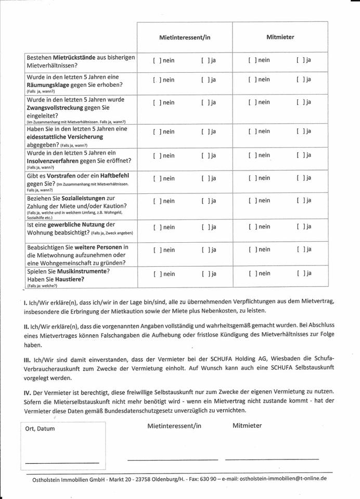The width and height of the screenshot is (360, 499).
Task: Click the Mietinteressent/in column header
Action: pyautogui.click(x=185, y=37)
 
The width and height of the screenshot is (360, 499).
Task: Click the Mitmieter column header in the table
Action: pyautogui.click(x=280, y=37)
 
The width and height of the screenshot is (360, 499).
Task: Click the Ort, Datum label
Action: pyautogui.click(x=40, y=429)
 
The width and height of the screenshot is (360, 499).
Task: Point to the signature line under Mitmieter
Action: pyautogui.click(x=272, y=459)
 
